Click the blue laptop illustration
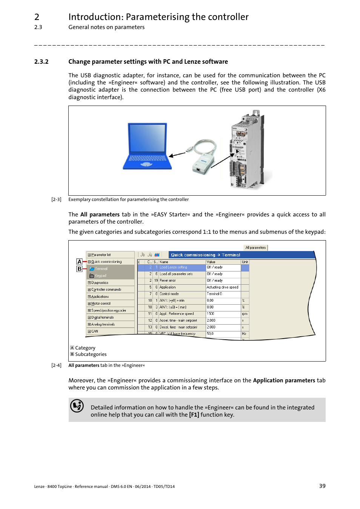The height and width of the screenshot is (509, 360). point(147,146)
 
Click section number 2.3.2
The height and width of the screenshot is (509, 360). point(41,62)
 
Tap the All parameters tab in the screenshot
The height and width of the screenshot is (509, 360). point(255,248)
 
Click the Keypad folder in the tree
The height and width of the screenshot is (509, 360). point(100,276)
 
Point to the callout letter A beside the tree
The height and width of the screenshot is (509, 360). point(79,262)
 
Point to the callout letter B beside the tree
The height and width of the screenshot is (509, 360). point(79,269)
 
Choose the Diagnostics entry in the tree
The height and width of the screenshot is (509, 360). point(100,283)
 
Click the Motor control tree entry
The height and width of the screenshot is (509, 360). point(101,304)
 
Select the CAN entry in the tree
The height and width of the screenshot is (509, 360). point(94,331)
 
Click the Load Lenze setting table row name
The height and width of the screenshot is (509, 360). point(173,267)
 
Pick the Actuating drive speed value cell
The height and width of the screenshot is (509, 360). point(223,287)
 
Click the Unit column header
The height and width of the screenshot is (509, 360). point(245,262)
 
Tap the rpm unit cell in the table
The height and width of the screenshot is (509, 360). point(245,314)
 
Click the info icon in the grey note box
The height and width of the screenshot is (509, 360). point(77,406)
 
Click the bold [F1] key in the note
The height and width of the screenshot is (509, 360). point(194,415)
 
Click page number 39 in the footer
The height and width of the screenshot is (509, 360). point(322,486)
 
